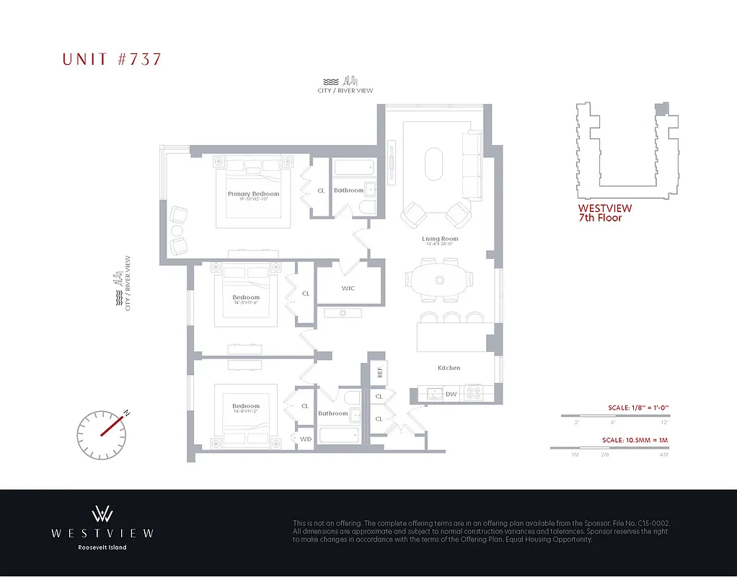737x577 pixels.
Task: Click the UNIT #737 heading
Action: tap(112, 59)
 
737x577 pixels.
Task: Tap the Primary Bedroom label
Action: tap(253, 194)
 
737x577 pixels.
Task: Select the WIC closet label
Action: tap(348, 288)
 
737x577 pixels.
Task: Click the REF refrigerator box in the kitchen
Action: tap(378, 372)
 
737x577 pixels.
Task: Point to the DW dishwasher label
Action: tap(450, 394)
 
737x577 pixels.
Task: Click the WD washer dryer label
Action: tap(305, 438)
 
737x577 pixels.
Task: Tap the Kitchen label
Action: tap(449, 368)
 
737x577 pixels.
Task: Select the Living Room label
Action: tap(440, 239)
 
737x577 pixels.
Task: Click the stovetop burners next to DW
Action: tap(475, 394)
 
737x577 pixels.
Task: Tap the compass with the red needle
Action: tap(101, 433)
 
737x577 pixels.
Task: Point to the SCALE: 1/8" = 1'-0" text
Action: tap(635, 408)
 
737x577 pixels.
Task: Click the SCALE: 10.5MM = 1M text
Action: tap(635, 440)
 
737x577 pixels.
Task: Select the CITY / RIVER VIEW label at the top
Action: tap(345, 91)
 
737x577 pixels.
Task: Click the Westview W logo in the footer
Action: tap(102, 514)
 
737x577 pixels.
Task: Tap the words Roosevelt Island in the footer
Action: tap(102, 547)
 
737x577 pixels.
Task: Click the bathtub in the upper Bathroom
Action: tap(354, 168)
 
